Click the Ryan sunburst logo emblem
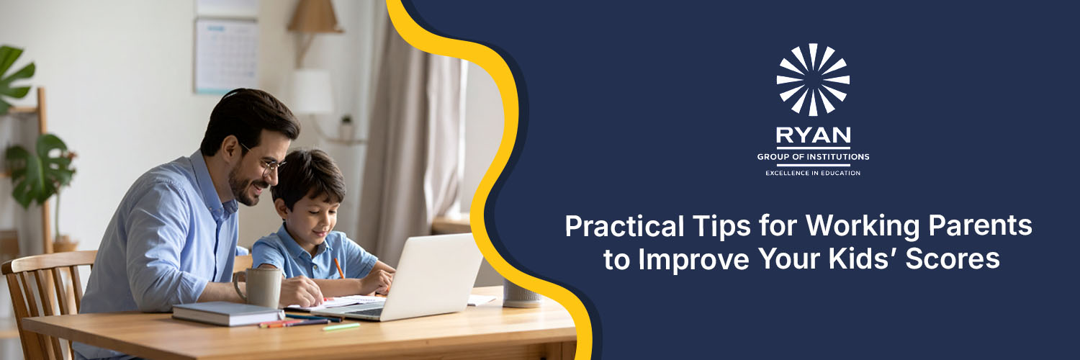(813, 79)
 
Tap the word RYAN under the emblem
(813, 135)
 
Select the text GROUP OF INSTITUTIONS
(813, 157)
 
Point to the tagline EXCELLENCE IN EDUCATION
(813, 173)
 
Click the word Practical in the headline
(624, 226)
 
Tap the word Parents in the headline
(980, 226)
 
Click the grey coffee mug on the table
(258, 287)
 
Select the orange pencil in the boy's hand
(339, 268)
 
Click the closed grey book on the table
(227, 313)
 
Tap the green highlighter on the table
(341, 327)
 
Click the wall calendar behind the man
(226, 55)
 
